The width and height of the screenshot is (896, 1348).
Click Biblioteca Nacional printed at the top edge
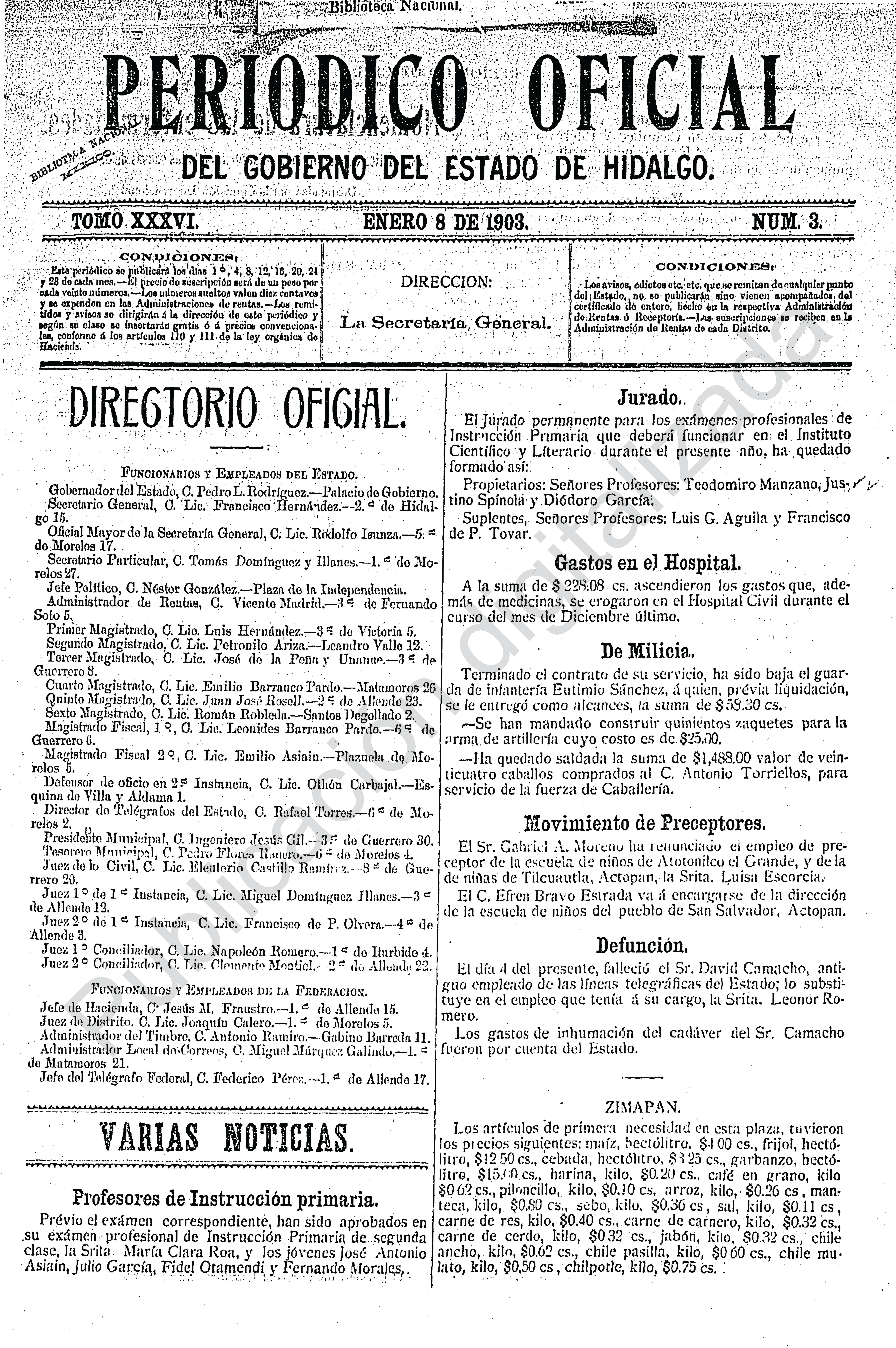(x=394, y=7)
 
